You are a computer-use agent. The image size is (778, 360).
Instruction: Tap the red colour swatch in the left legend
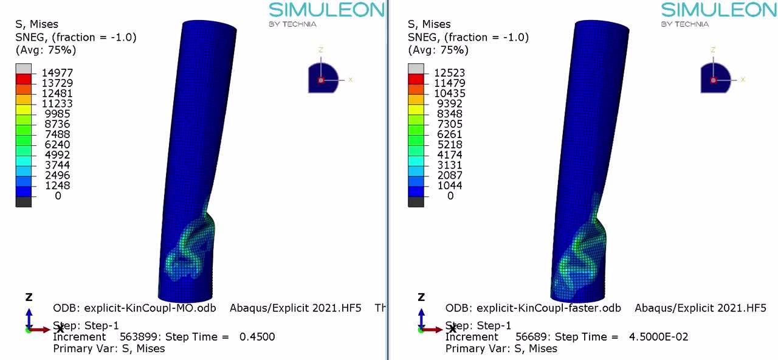tap(23, 79)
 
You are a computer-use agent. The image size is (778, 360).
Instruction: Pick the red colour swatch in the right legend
tap(416, 79)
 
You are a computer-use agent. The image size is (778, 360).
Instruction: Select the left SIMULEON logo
tap(326, 10)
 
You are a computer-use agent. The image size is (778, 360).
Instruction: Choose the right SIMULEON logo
tap(718, 10)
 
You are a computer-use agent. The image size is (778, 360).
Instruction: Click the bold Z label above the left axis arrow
tap(29, 297)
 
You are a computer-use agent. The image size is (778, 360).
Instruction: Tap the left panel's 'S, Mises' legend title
tap(36, 24)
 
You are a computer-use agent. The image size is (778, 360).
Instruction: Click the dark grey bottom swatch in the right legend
tap(416, 202)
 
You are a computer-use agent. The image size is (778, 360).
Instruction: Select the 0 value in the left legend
tap(58, 196)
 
